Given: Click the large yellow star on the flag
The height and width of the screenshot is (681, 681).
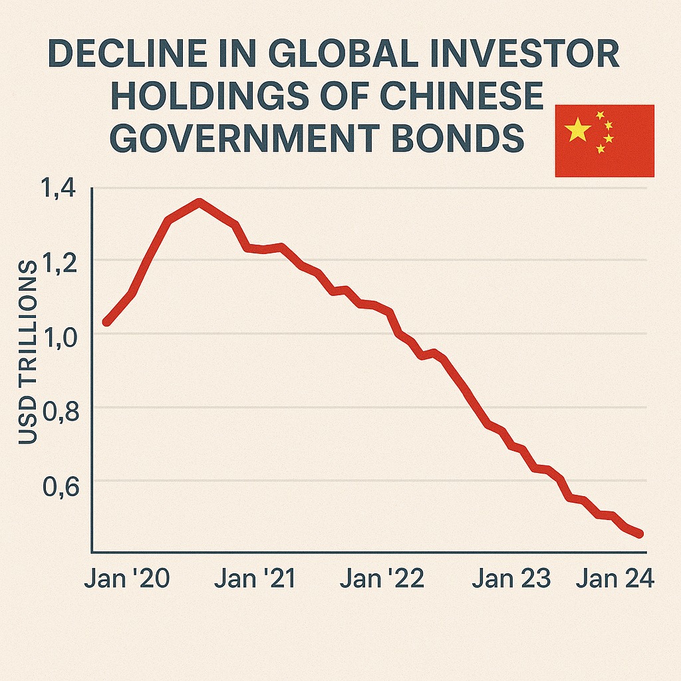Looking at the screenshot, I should point(577,130).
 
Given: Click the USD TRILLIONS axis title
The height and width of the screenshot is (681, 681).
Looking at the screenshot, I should point(28,353).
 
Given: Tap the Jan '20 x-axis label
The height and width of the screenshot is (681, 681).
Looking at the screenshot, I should point(127,579).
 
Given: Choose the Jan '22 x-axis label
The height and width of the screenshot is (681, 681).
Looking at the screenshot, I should point(382,579).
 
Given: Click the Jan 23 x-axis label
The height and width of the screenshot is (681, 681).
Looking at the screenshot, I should point(511,579).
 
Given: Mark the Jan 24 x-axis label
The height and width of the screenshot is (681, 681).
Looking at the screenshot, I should point(615,579).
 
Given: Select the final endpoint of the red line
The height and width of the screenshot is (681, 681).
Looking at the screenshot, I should point(640,534).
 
